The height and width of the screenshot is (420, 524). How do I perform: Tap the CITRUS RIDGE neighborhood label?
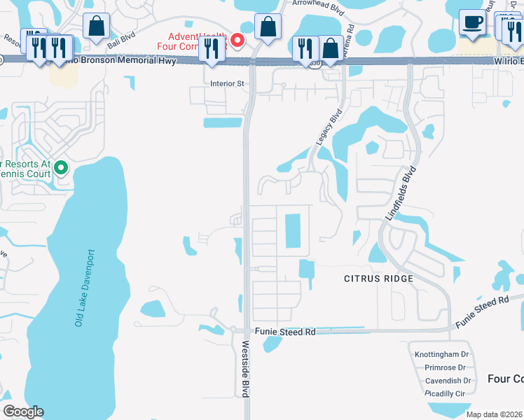click(378, 279)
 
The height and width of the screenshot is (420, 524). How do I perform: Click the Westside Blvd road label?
click(246, 369)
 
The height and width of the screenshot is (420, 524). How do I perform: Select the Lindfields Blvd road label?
click(401, 194)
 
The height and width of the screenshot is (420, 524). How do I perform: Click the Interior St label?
click(226, 83)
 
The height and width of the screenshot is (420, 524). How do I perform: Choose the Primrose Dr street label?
click(440, 368)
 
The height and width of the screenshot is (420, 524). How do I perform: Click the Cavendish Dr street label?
click(448, 381)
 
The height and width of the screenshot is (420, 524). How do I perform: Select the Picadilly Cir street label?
click(445, 394)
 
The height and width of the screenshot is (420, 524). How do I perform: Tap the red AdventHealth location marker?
click(237, 41)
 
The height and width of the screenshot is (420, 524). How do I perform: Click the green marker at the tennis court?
click(60, 167)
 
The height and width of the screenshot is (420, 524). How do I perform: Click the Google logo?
click(23, 412)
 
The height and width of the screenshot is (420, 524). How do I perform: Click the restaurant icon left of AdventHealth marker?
click(209, 48)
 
